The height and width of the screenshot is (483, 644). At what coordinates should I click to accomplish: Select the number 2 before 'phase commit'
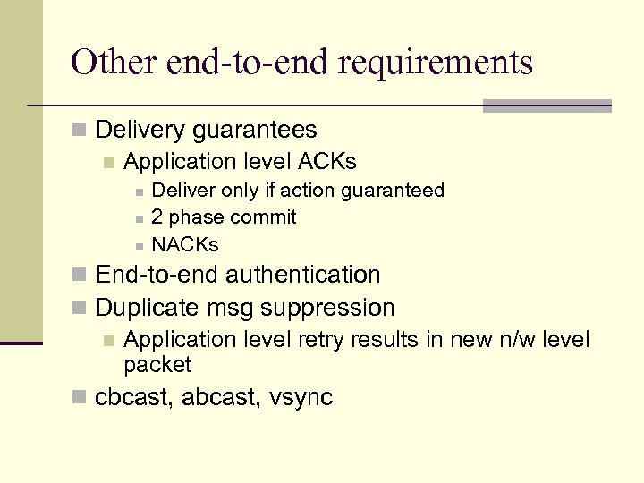pyautogui.click(x=157, y=217)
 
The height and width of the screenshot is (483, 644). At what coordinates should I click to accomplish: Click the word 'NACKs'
pyautogui.click(x=185, y=244)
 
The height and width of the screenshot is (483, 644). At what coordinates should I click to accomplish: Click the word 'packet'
pyautogui.click(x=157, y=365)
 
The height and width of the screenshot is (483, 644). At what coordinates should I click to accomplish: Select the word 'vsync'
pyautogui.click(x=301, y=398)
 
